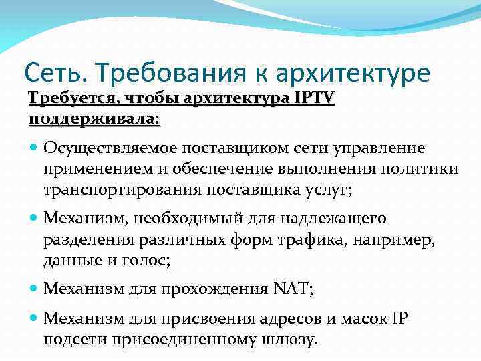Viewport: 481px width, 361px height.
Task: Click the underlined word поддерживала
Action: tap(94, 118)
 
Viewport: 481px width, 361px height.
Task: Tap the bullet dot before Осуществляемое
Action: tap(34, 147)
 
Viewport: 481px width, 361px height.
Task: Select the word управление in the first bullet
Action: tap(377, 146)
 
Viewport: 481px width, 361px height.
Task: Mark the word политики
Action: tap(426, 168)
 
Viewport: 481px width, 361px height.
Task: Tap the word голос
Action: tap(146, 261)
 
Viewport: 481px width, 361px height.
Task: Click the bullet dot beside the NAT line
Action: tap(34, 290)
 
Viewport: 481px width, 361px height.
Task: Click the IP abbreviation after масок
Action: tap(398, 318)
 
